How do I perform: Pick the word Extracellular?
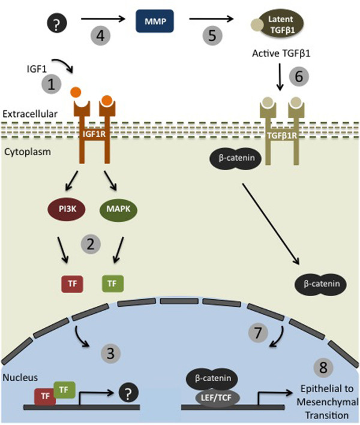(x=23, y=113)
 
